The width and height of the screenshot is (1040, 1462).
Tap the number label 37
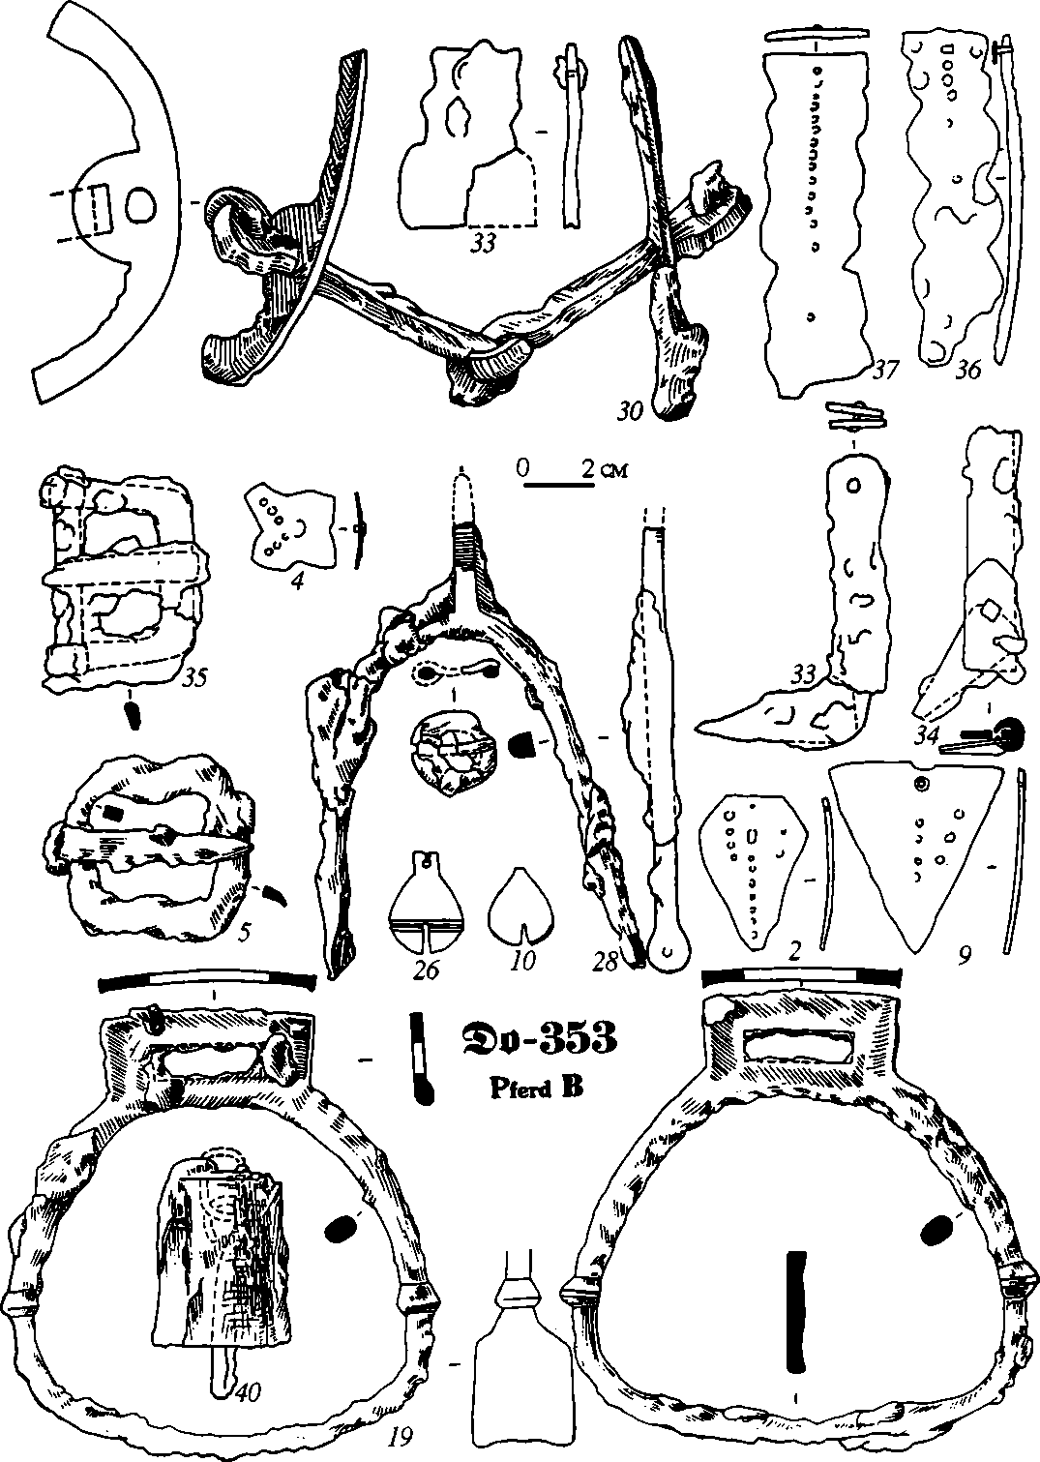pos(886,369)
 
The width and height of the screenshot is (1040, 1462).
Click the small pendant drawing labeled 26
pos(427,906)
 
